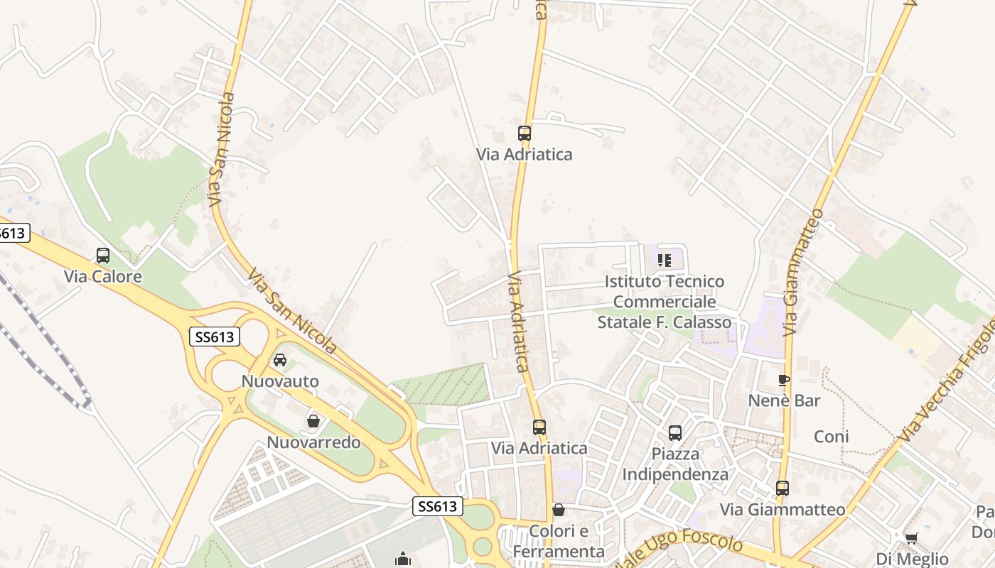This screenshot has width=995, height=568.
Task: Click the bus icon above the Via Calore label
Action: click(103, 256)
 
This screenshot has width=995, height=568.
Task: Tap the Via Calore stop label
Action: click(103, 276)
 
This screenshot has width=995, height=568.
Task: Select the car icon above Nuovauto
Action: click(280, 360)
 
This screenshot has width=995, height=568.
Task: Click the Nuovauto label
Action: click(280, 381)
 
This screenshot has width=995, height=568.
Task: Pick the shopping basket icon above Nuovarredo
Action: click(313, 421)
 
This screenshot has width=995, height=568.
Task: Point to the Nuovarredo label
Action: click(313, 442)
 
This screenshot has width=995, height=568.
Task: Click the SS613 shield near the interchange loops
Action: click(215, 337)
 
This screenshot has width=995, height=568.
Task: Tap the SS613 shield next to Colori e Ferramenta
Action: click(438, 506)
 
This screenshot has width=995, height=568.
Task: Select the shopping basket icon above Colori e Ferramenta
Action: click(559, 510)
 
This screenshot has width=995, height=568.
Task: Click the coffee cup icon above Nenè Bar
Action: click(784, 380)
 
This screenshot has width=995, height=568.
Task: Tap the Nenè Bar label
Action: click(784, 400)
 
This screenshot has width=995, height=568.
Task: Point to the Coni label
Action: click(832, 437)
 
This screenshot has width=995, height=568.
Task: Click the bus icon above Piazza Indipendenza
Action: click(674, 432)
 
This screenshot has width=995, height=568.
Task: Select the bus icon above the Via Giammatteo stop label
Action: click(782, 488)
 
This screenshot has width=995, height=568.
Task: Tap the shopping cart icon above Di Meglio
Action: click(911, 537)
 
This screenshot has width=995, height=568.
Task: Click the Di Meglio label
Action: click(912, 559)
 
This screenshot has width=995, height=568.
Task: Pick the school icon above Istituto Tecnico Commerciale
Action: click(665, 261)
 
